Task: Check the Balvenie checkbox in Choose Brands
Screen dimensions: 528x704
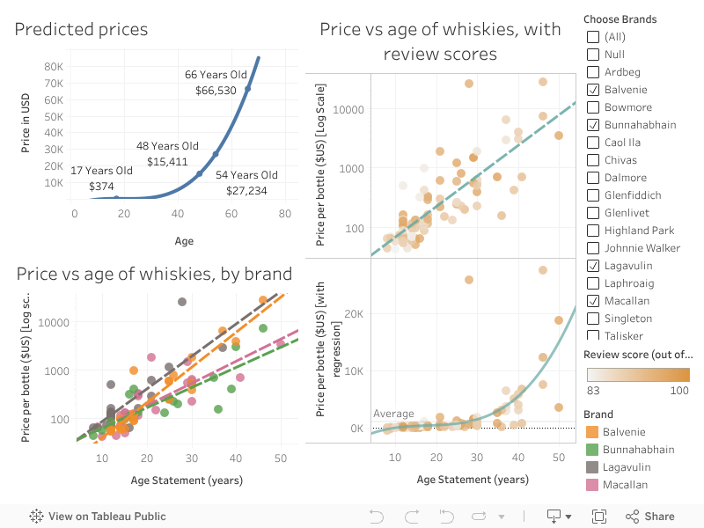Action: (593, 90)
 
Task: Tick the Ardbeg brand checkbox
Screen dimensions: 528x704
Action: (593, 72)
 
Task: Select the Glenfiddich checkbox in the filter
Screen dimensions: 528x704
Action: (593, 195)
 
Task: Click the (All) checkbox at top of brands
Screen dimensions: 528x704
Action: (593, 37)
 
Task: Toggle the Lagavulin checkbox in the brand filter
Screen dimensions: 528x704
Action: (593, 266)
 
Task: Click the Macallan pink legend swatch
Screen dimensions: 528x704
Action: (591, 485)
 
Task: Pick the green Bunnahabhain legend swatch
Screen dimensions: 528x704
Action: (591, 450)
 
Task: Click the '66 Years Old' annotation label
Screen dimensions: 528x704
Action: (216, 75)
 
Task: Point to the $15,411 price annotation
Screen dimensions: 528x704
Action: (167, 162)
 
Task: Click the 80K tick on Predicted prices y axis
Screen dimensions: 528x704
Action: (54, 66)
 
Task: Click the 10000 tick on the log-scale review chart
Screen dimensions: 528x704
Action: (348, 109)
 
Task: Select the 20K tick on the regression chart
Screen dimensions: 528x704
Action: (354, 314)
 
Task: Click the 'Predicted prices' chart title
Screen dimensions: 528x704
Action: (81, 30)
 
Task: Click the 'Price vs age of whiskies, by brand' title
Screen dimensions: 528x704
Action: (154, 274)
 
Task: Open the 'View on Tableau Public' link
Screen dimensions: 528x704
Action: (98, 517)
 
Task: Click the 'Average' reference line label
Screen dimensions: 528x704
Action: (393, 414)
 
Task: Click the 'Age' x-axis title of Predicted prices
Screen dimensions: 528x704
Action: (184, 240)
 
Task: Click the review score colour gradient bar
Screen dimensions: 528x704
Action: (638, 375)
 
